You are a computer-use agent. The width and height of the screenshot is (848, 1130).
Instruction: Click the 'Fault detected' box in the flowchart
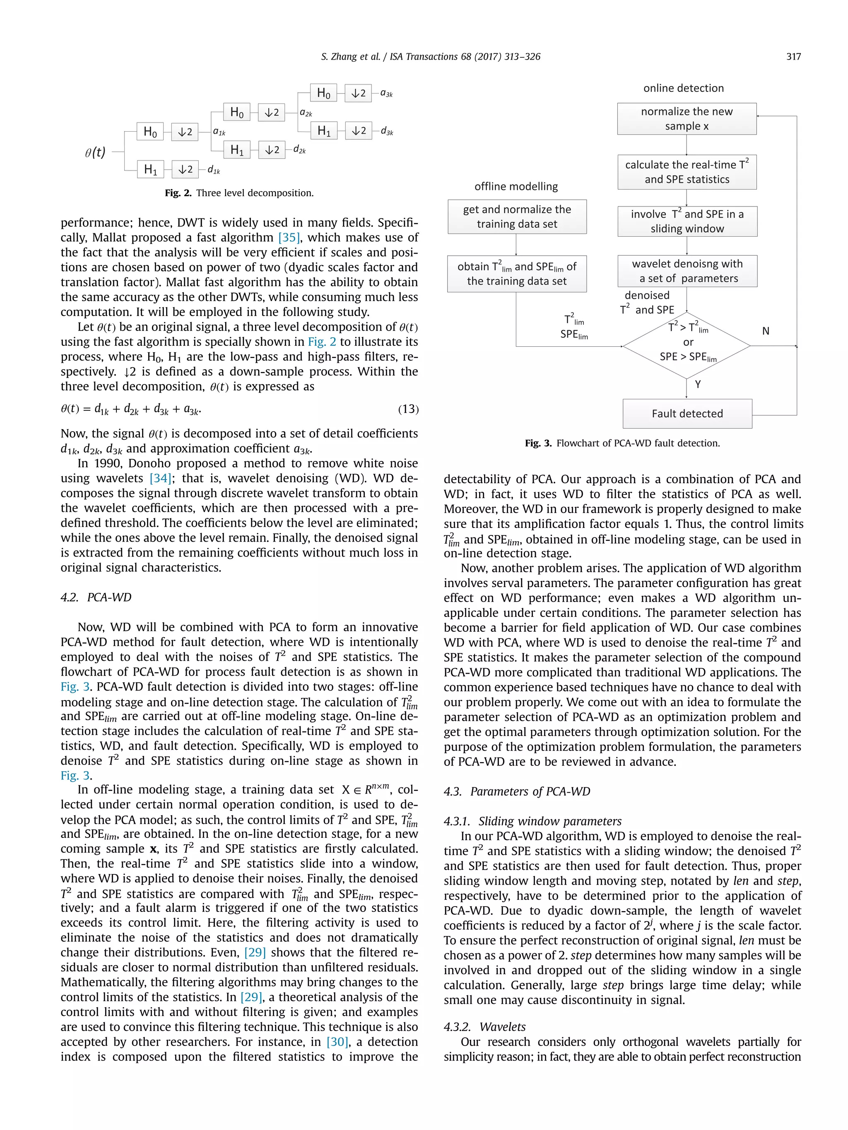point(687,413)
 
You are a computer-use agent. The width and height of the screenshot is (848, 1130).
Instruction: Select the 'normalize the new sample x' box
point(686,118)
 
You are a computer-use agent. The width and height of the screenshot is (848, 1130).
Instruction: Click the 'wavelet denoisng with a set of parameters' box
point(687,271)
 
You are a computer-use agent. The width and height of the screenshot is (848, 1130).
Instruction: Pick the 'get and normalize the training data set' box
point(516,216)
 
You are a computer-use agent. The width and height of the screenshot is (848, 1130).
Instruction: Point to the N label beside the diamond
point(765,331)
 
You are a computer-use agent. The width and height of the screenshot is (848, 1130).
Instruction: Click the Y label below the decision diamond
point(698,384)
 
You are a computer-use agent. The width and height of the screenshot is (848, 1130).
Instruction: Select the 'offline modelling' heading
point(516,187)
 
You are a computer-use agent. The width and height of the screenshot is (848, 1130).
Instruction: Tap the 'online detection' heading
point(683,88)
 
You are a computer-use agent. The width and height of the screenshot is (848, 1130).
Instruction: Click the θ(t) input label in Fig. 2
point(95,152)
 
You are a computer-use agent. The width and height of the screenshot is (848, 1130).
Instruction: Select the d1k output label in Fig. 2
point(214,170)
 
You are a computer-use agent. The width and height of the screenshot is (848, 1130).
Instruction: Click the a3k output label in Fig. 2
point(386,94)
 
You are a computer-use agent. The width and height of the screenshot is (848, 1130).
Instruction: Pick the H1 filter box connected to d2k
point(237,150)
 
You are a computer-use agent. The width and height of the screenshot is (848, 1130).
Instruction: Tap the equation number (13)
point(408,409)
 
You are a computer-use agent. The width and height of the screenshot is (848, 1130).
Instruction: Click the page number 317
point(793,57)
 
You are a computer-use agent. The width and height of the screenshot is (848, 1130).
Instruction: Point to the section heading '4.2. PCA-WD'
point(96,597)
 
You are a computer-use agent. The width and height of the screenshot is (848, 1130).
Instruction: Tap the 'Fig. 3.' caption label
point(538,443)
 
